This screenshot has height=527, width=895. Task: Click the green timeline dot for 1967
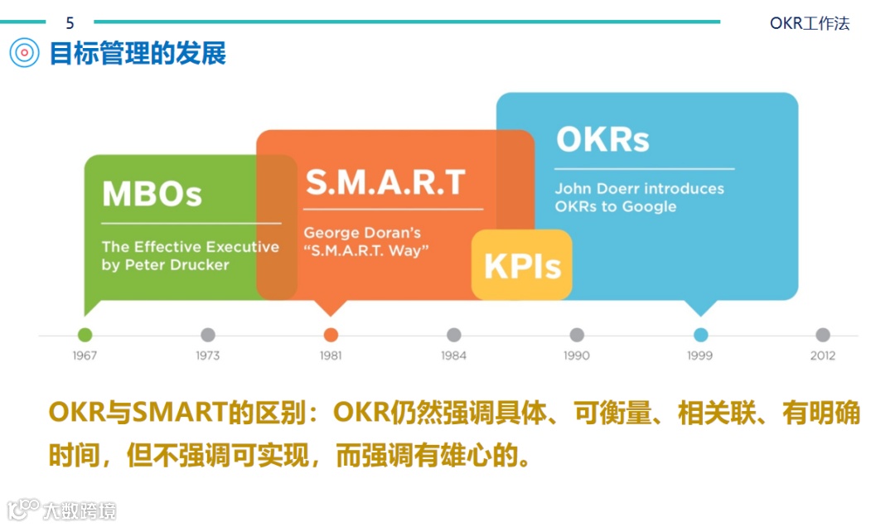(x=85, y=335)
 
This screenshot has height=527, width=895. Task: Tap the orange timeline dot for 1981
(x=331, y=335)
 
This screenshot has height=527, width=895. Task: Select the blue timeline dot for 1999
(x=700, y=335)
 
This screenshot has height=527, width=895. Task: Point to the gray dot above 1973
(x=208, y=335)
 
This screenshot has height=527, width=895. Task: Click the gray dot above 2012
(x=822, y=335)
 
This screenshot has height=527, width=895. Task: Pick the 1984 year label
(x=453, y=355)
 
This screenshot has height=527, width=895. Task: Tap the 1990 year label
(x=576, y=355)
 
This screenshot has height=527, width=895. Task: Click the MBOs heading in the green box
(x=152, y=195)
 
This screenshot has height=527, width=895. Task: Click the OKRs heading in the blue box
(x=602, y=139)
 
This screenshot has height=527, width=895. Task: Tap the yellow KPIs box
(x=522, y=266)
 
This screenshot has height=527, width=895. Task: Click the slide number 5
(x=70, y=23)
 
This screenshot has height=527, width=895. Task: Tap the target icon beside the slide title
(x=25, y=53)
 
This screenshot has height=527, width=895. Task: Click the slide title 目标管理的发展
(x=138, y=54)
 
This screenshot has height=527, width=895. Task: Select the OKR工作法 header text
(x=810, y=23)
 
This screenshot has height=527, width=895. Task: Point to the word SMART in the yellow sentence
(x=180, y=413)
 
